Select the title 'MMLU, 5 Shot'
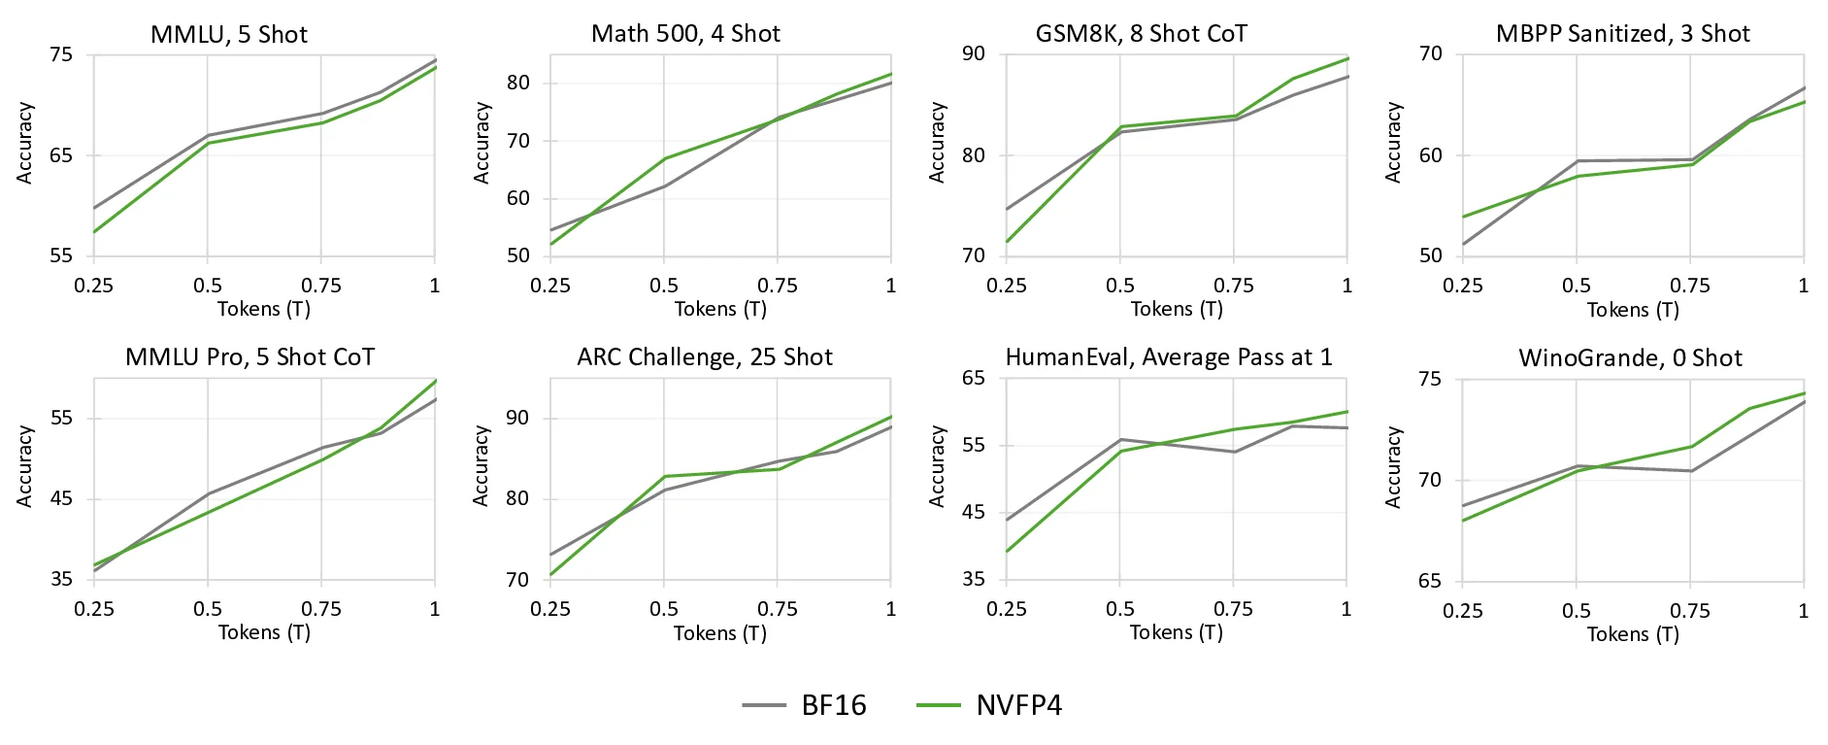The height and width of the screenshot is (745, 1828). (229, 35)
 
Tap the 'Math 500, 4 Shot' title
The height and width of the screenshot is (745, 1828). (685, 34)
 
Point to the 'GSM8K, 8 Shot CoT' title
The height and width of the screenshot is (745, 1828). (1141, 34)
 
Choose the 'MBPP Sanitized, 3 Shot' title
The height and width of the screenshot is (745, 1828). (1622, 34)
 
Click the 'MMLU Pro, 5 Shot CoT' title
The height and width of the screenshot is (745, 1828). (249, 357)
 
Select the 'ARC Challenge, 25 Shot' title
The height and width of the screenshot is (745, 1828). (705, 357)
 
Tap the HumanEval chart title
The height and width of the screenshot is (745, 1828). (1169, 357)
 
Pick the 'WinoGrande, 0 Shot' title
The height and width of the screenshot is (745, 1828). (1630, 358)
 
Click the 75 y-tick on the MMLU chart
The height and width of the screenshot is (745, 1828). (61, 54)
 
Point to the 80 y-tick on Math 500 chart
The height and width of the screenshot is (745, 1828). (518, 83)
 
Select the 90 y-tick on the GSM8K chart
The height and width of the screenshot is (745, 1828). (973, 54)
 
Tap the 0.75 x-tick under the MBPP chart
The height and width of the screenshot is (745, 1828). (1689, 286)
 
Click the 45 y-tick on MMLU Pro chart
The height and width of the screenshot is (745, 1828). (61, 499)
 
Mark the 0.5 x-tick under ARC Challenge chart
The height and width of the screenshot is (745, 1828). (664, 609)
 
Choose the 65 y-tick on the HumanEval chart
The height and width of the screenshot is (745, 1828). (973, 378)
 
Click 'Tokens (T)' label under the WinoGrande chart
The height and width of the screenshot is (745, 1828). (1633, 634)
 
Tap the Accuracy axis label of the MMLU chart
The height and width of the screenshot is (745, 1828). (25, 143)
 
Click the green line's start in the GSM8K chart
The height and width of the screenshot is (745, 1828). (1008, 241)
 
